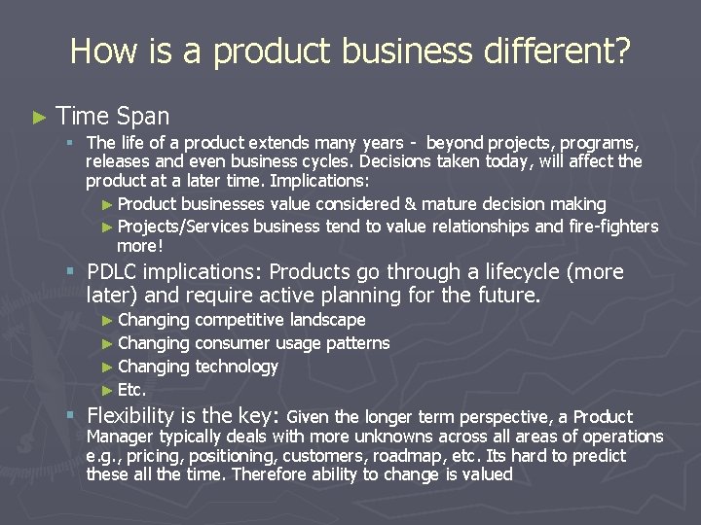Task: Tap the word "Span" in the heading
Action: click(142, 117)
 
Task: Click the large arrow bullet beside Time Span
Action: click(38, 118)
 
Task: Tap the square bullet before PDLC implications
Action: click(71, 272)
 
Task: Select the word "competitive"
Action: click(240, 320)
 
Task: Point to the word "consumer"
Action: click(233, 343)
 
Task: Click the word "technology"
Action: click(237, 367)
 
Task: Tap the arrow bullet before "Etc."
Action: click(107, 391)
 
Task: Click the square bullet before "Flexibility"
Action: click(71, 416)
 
